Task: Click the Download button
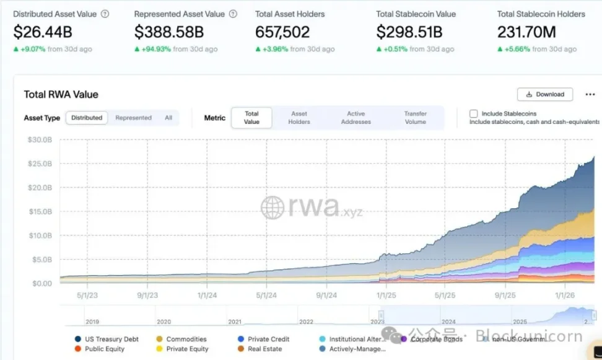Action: tap(545, 94)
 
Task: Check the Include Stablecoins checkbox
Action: tap(474, 114)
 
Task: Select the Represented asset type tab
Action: tap(133, 118)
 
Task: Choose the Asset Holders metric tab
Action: tap(299, 118)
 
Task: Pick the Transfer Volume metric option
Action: tap(416, 118)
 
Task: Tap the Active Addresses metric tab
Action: tap(356, 118)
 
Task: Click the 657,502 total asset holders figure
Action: tap(284, 32)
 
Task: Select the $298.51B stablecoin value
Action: tap(409, 32)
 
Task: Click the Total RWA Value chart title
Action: tap(61, 94)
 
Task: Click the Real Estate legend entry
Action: tap(264, 349)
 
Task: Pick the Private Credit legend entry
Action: tap(268, 340)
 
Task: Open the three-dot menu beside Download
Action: tap(590, 94)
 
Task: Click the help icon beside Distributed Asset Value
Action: tap(105, 14)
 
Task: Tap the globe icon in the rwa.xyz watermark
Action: tap(273, 208)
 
